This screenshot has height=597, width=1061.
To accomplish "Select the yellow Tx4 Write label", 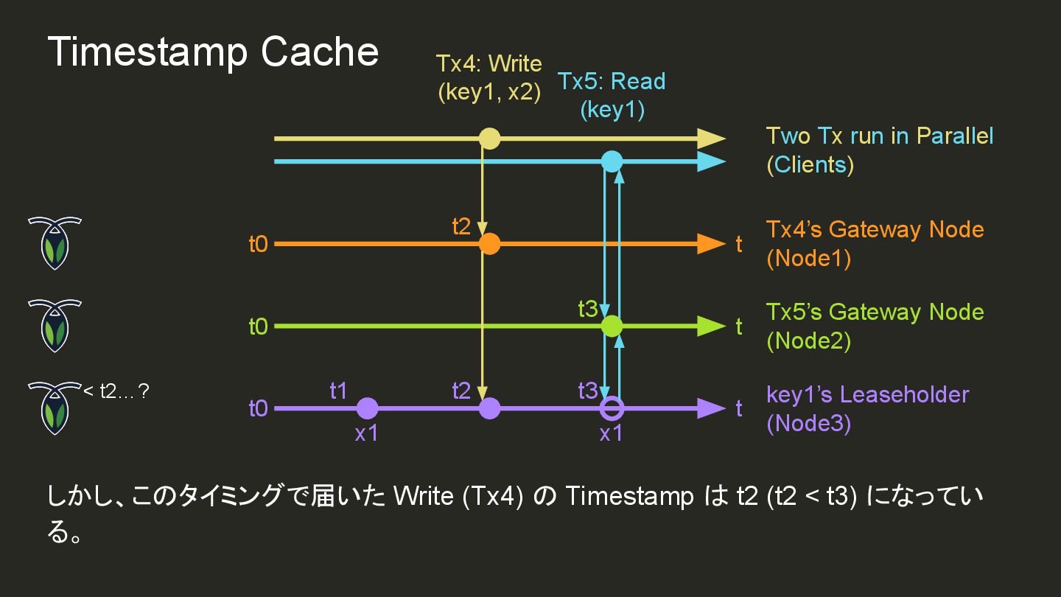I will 489,77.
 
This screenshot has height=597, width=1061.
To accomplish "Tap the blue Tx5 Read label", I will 612,95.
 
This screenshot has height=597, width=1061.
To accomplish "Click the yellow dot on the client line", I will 489,139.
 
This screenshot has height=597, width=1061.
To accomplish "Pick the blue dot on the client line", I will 612,161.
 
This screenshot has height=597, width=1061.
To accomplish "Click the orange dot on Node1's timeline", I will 489,244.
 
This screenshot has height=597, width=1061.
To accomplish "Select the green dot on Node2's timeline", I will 612,326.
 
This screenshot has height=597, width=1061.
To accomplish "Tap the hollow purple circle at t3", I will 612,408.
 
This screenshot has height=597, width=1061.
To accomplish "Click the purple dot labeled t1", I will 367,408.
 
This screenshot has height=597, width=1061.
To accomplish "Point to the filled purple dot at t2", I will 489,408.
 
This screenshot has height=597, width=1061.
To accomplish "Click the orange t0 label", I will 258,244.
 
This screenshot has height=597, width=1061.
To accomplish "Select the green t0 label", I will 258,326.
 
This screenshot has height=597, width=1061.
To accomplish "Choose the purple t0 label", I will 258,408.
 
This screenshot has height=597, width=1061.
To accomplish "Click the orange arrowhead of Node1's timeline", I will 710,244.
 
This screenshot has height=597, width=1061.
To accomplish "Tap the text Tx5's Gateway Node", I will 875,312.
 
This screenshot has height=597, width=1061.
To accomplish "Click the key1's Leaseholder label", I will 867,394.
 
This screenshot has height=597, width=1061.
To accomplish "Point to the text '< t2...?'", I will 116,391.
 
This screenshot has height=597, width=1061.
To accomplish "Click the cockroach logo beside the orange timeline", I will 55,243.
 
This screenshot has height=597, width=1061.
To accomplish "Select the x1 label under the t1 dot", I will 366,434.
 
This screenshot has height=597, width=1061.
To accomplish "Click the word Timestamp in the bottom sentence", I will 629,497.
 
